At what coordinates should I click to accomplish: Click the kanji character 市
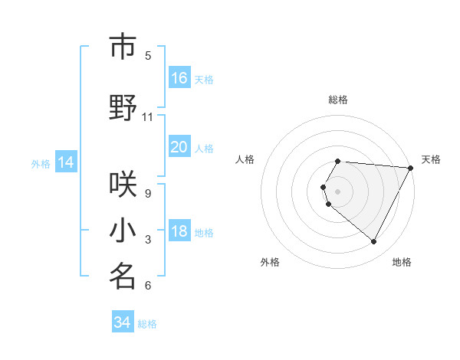point(123,47)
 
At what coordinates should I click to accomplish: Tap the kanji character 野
point(123,108)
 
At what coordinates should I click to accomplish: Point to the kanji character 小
point(123,231)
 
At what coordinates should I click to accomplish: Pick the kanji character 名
point(123,277)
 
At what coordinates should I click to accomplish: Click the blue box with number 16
point(179,78)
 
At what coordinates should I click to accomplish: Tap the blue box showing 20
point(179,147)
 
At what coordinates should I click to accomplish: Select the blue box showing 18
point(179,232)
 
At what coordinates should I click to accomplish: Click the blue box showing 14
point(66,162)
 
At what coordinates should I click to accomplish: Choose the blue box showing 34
point(123,322)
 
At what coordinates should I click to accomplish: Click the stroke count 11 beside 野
point(148,117)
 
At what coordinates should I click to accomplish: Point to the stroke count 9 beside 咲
point(148,194)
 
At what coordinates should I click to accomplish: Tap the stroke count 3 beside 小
point(148,240)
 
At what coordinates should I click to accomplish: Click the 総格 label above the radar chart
point(338,100)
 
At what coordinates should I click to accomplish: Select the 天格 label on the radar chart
point(431,159)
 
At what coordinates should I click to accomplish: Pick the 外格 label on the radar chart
point(270,262)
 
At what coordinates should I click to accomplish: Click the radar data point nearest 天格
point(411,167)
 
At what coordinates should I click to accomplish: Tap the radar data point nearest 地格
point(373,242)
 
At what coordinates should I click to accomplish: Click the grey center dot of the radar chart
point(338,191)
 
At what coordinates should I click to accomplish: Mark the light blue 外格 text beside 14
point(40,163)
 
